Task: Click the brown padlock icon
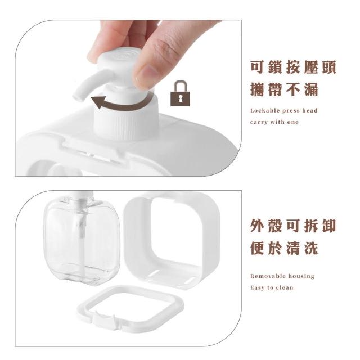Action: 180,93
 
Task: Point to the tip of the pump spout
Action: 78,96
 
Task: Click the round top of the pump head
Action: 118,59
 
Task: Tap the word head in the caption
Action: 310,110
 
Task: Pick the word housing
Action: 301,276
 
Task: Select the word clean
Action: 285,287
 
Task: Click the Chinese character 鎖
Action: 276,67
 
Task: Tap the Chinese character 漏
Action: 311,89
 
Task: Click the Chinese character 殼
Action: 276,226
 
